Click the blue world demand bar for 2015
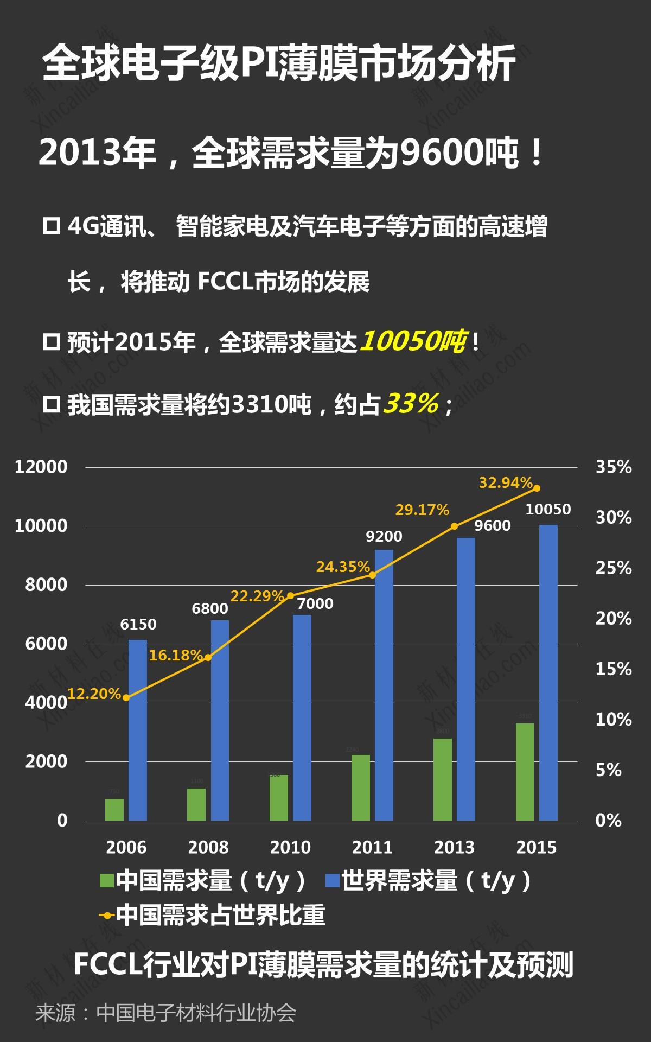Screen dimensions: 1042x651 point(548,673)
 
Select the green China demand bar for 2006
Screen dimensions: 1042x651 point(114,809)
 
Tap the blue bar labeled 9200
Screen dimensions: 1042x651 point(384,685)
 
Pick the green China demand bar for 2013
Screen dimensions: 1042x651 point(443,779)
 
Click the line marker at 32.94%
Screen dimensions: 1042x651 point(537,488)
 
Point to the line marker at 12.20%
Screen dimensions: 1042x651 point(126,697)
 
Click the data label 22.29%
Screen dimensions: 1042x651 point(257,596)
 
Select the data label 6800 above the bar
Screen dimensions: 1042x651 point(209,608)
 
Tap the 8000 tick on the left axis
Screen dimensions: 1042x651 point(46,585)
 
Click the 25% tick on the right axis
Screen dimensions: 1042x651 point(614,568)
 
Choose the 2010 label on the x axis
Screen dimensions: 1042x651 point(290,847)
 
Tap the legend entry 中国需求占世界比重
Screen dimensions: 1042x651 point(220,915)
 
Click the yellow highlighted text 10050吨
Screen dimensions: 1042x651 point(412,341)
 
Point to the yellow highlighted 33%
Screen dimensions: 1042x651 point(411,404)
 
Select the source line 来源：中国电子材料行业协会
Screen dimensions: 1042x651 point(165,1013)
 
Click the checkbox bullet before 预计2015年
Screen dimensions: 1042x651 point(52,342)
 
